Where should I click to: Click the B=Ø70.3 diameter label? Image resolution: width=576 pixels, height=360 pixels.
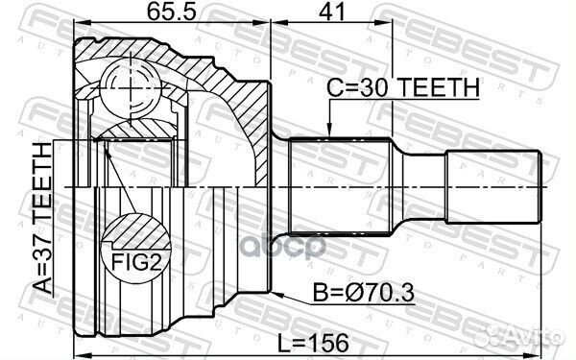coord(364,294)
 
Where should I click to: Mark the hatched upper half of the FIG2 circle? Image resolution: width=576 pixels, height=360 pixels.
coord(127,230)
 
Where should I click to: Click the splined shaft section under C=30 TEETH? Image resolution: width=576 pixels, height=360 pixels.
coord(340,185)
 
